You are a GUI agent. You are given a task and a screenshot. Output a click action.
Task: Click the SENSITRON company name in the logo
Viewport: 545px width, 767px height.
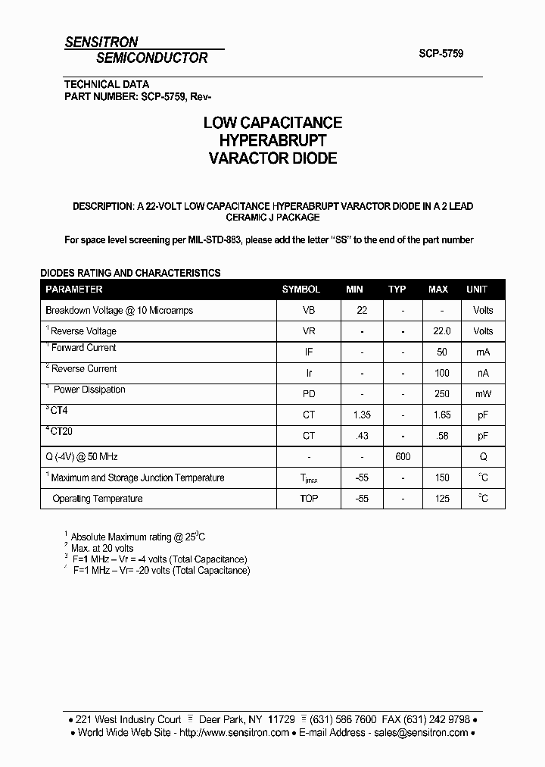101,42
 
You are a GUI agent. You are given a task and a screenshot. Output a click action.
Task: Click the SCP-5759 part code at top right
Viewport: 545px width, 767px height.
441,54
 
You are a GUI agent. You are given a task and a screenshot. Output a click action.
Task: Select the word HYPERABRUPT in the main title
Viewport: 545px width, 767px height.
272,141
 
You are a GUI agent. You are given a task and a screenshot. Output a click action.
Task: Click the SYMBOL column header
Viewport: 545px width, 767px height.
301,290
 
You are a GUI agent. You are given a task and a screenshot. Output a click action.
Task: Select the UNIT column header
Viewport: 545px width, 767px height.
477,290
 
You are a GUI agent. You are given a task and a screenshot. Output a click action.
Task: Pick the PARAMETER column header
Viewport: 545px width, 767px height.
74,290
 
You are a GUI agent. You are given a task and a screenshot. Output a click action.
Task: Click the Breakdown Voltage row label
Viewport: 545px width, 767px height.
120,310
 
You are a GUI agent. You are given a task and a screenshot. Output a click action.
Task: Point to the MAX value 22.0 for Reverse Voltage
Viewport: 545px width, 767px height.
442,331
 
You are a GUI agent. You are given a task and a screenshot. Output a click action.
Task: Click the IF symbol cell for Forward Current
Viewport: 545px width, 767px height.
309,352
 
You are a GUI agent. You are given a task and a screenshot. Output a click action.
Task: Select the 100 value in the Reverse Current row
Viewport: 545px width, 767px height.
442,373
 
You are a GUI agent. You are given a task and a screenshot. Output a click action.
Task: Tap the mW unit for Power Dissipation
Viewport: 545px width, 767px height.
483,394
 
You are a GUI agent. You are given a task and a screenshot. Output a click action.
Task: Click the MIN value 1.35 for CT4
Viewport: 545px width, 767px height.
362,415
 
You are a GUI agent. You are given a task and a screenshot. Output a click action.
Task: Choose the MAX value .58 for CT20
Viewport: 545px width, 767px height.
442,436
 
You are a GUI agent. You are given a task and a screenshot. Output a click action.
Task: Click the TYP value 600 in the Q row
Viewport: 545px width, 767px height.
402,457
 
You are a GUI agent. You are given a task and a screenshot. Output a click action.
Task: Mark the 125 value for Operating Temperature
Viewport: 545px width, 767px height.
442,499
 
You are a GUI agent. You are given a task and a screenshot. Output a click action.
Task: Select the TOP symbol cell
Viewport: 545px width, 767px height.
309,499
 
